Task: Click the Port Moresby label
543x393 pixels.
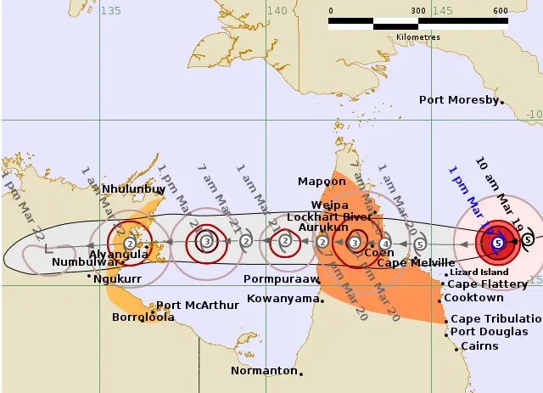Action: (459, 100)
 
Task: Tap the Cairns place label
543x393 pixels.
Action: (479, 346)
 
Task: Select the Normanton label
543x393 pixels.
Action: (264, 371)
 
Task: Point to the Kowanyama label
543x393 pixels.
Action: (280, 298)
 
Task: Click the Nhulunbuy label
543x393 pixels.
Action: (134, 189)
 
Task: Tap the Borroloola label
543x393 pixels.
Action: (143, 317)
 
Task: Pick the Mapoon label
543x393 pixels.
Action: (322, 182)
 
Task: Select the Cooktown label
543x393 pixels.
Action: (473, 298)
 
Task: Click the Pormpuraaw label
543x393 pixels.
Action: (281, 278)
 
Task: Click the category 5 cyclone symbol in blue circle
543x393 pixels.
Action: (497, 244)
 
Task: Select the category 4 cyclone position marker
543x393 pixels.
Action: (385, 244)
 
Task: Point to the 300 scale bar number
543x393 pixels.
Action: (417, 10)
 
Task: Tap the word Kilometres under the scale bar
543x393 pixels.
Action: (417, 37)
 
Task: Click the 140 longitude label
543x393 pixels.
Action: (277, 10)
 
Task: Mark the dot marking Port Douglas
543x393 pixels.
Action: (445, 332)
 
